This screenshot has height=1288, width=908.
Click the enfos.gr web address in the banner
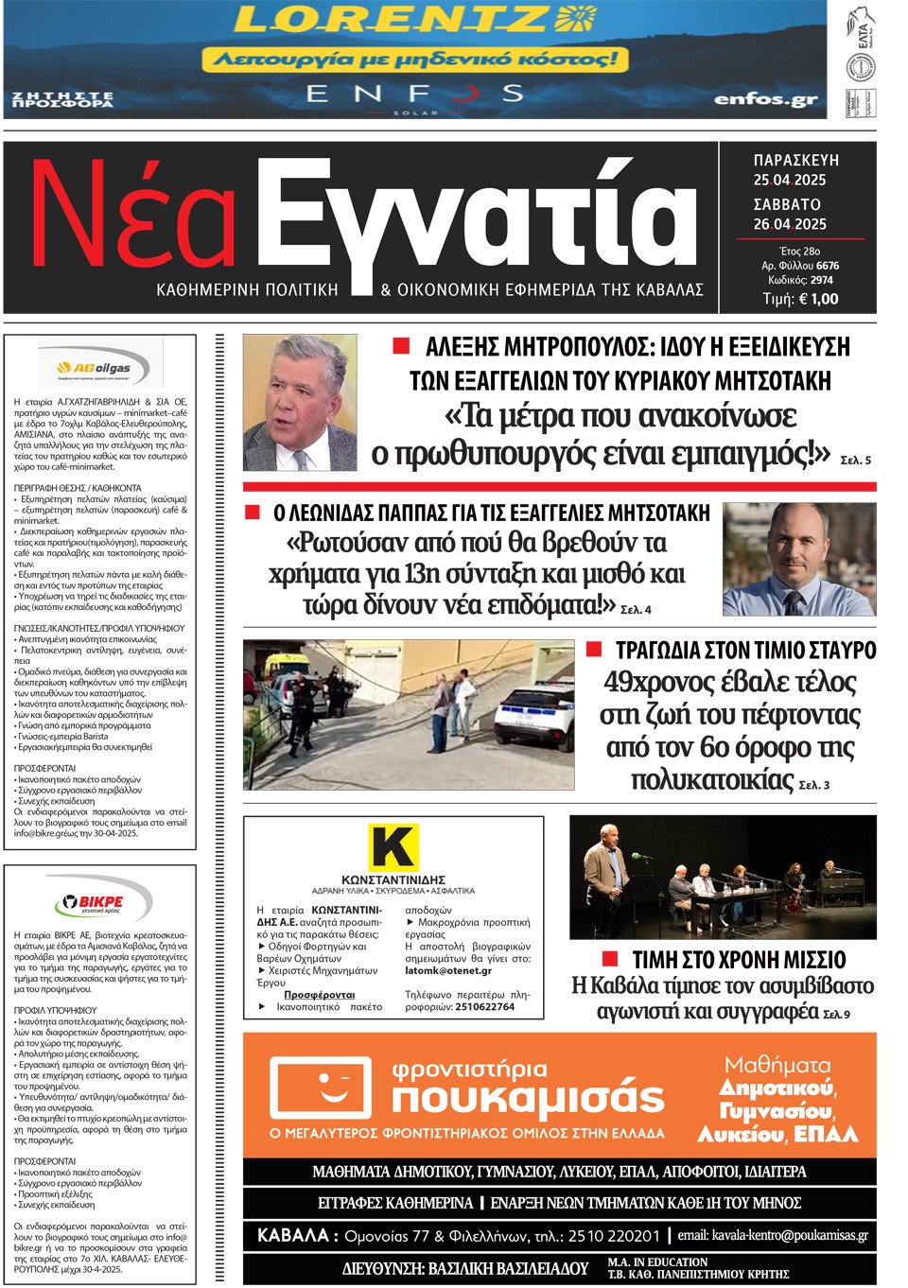click(764, 98)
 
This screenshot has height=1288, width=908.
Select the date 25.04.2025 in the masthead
click(790, 180)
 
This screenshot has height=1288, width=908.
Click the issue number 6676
click(828, 266)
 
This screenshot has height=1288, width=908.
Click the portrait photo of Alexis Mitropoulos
click(300, 402)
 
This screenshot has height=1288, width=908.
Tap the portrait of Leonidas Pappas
click(798, 559)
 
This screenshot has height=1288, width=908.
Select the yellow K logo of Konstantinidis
click(393, 846)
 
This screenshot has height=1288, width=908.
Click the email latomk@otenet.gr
click(448, 970)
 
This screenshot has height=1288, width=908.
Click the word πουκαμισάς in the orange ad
click(528, 1098)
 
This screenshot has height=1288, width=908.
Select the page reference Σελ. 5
click(855, 461)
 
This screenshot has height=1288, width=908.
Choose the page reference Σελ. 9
click(836, 1015)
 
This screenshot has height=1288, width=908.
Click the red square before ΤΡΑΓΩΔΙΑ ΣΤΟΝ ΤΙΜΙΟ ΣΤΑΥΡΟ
click(594, 649)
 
